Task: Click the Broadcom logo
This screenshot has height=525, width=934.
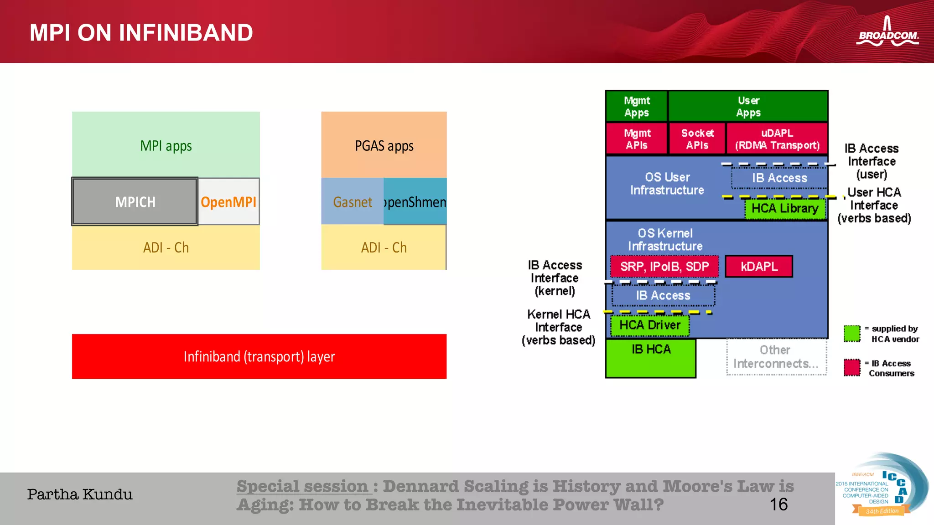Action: [x=887, y=33]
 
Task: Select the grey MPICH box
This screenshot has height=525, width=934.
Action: [x=135, y=201]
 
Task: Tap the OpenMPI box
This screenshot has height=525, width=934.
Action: [x=228, y=201]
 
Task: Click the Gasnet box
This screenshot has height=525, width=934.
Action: [x=352, y=201]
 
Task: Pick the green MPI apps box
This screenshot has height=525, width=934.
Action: [x=166, y=145]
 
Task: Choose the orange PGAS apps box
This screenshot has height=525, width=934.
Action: [x=384, y=145]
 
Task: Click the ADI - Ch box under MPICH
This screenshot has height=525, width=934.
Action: [x=166, y=247]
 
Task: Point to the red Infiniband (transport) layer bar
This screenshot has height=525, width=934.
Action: [x=259, y=356]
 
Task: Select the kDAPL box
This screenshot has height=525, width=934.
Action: [x=759, y=267]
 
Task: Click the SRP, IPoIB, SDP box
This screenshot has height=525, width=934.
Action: [x=664, y=267]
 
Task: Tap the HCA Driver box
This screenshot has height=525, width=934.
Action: [x=650, y=325]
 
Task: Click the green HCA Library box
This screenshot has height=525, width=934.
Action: [x=785, y=209]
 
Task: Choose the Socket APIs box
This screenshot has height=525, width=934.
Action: [x=697, y=139]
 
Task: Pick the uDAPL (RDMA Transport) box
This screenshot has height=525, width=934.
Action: [x=777, y=139]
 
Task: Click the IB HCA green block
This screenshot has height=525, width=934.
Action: [x=651, y=358]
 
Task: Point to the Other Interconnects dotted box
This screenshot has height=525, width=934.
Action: [x=776, y=357]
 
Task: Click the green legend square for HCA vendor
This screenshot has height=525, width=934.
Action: [x=851, y=334]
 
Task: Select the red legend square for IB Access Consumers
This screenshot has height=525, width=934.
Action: [x=851, y=367]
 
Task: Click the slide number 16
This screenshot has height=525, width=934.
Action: [x=778, y=504]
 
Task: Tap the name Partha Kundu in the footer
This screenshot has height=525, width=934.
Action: [x=80, y=494]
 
